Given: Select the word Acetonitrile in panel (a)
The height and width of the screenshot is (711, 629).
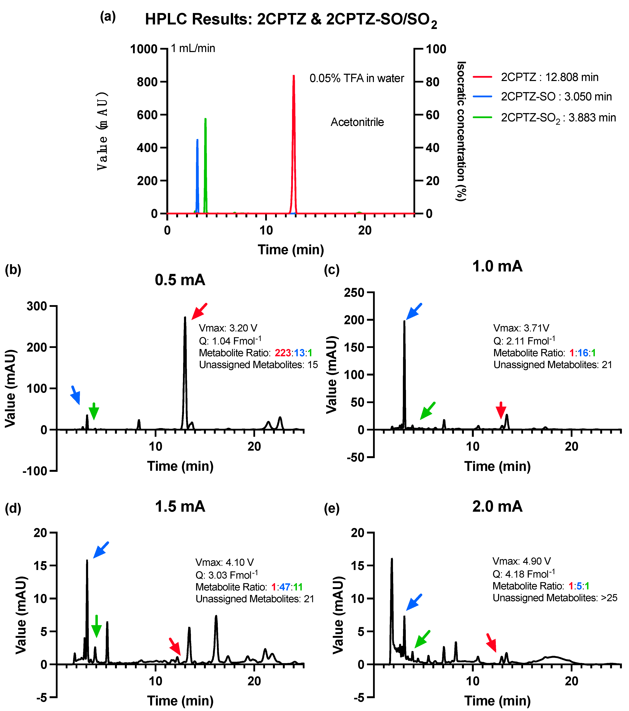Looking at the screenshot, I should point(357,122).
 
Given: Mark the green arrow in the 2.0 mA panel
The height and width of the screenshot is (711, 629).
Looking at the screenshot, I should point(422,639).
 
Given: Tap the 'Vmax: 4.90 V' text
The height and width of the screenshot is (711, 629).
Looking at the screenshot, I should point(521,561).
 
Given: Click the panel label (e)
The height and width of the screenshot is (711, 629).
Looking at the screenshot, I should point(331,509).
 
